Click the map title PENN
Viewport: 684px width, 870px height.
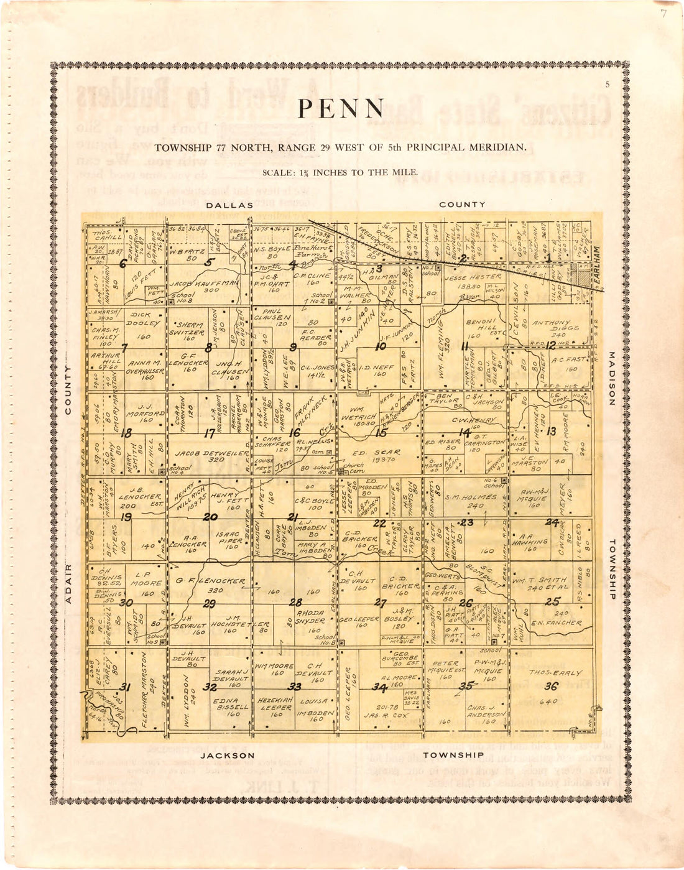tap(341, 109)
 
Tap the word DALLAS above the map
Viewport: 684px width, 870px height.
tap(229, 205)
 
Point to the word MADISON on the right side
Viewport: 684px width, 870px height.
tap(611, 379)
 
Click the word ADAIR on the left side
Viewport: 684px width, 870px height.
tap(69, 583)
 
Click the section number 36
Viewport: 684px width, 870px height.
tap(551, 687)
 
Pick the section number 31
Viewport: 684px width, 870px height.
tap(126, 687)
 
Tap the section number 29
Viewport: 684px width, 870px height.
tap(210, 604)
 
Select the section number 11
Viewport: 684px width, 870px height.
tap(464, 346)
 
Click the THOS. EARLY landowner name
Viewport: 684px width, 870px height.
tap(555, 673)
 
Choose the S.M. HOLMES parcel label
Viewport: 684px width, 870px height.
tap(471, 497)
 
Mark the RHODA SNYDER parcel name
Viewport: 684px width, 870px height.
tap(310, 616)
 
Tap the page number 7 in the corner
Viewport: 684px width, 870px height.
tap(663, 14)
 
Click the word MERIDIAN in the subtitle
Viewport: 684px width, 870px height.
tap(501, 148)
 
